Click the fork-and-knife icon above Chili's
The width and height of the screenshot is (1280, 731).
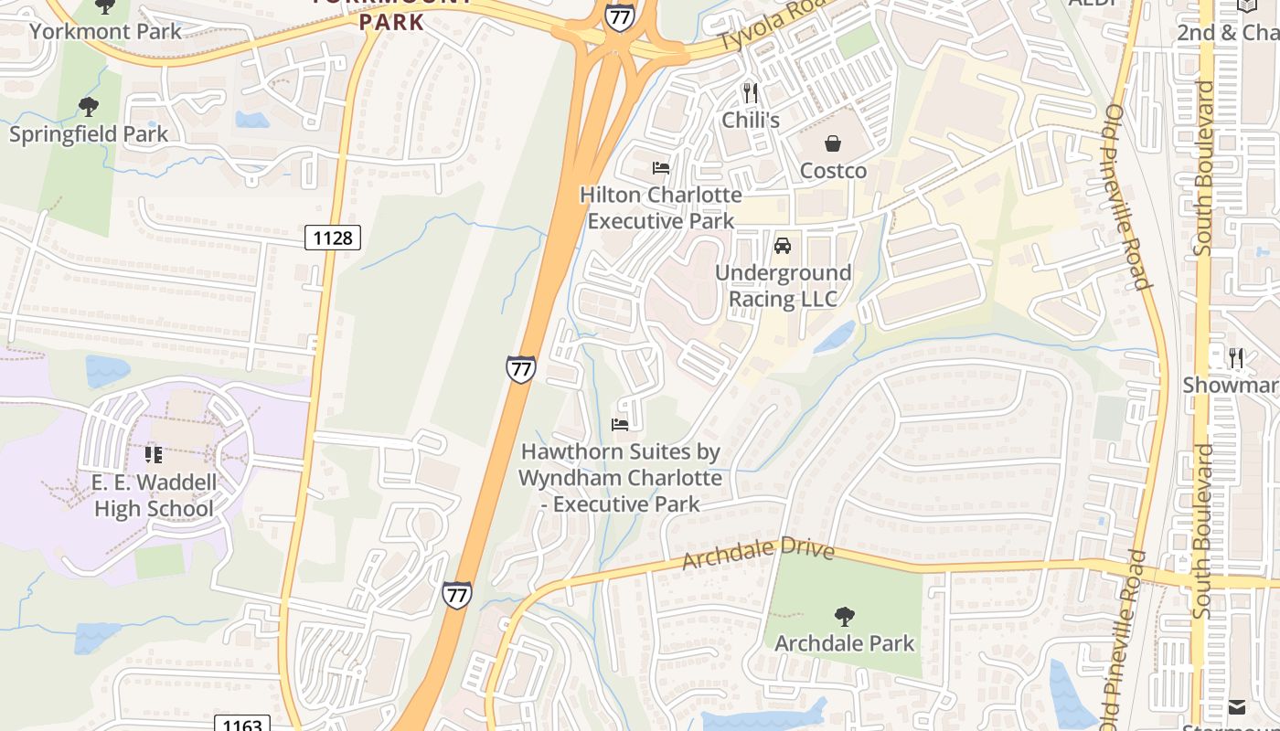[751, 92]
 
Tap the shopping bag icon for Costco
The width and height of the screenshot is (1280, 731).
[833, 143]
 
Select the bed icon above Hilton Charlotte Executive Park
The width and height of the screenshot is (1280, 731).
[660, 168]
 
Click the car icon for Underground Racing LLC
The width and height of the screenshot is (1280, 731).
[783, 246]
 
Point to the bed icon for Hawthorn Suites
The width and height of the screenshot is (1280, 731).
[620, 425]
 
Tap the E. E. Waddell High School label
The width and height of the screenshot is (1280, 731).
[154, 495]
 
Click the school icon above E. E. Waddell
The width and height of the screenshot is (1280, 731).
[153, 454]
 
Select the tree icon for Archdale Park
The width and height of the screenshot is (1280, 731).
[844, 617]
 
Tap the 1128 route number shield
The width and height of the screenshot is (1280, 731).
[333, 238]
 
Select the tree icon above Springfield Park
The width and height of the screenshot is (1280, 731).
[89, 108]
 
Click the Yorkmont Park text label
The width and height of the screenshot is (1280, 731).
[106, 31]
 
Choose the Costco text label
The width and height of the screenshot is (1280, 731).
[833, 171]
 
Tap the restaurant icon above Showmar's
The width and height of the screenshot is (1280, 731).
[1236, 358]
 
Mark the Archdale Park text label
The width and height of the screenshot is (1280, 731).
[844, 643]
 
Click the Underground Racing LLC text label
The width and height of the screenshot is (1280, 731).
[783, 286]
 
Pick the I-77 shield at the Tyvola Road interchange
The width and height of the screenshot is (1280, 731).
[619, 16]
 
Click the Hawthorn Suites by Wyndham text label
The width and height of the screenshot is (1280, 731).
[620, 478]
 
